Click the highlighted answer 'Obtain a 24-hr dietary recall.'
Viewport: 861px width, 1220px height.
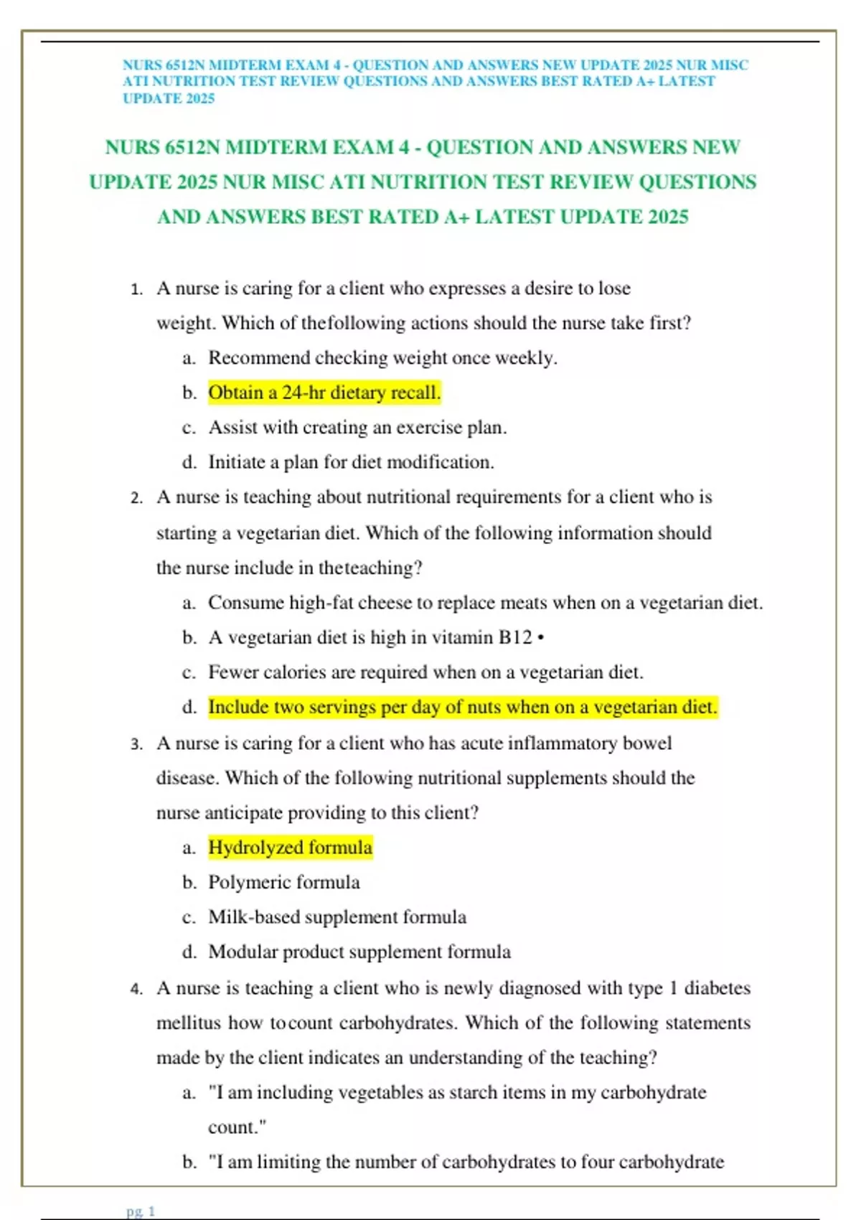click(324, 393)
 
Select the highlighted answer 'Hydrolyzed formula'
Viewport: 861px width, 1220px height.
click(290, 848)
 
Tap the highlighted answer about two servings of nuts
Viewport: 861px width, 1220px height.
click(463, 707)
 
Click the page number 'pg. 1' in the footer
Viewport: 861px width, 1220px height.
click(141, 1211)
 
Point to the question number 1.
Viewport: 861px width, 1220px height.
click(136, 289)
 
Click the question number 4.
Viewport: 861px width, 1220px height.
click(136, 989)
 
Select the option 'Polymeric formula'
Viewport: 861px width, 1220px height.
click(283, 882)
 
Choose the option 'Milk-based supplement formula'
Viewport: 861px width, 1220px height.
click(337, 917)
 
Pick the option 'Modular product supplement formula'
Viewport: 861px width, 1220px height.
click(359, 952)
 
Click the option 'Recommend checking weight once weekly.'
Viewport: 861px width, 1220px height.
click(382, 357)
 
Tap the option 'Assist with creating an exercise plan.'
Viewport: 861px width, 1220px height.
click(357, 428)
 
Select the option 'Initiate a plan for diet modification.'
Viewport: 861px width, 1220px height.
click(351, 462)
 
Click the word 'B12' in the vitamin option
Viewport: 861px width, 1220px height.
click(515, 637)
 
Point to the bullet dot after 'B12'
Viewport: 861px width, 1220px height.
click(540, 638)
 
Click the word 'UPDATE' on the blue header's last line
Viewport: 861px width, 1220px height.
click(149, 98)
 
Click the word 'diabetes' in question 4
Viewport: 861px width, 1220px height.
click(717, 988)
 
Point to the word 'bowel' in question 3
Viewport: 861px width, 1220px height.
click(647, 743)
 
